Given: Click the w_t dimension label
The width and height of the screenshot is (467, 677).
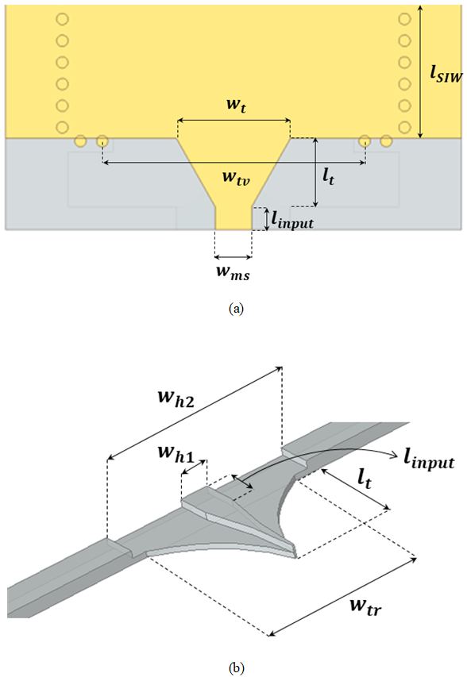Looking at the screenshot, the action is tap(237, 106).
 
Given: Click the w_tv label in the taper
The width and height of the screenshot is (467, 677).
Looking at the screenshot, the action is tap(237, 177).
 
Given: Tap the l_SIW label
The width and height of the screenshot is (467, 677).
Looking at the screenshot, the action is tap(446, 75).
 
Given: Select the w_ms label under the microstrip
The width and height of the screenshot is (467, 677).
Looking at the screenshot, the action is tap(234, 273).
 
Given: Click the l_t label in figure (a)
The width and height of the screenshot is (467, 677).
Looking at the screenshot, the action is tap(329, 176).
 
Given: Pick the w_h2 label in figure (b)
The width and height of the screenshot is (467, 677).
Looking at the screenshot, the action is tap(176, 398).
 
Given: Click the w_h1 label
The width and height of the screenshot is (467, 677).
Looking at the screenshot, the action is tap(176, 453).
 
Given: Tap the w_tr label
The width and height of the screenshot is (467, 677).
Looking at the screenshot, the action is tap(366, 606).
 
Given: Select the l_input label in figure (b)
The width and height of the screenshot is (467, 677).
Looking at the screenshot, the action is tap(429, 460).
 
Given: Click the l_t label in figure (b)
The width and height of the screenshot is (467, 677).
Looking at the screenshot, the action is tap(364, 479).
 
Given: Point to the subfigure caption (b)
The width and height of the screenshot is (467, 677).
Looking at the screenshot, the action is tap(237, 668).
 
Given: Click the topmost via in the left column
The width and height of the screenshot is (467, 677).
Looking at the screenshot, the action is tap(63, 19).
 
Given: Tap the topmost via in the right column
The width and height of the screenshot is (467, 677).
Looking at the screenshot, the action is tap(404, 19).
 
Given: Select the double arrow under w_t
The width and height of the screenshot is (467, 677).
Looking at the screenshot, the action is tap(234, 121).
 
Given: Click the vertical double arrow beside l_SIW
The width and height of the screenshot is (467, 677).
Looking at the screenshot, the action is tap(422, 72).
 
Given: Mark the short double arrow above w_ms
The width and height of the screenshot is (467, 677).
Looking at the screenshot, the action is tap(234, 257).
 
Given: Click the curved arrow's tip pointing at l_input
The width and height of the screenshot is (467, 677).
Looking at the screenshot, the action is tap(396, 456).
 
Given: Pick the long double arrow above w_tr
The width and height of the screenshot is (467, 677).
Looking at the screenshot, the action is tap(342, 597).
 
